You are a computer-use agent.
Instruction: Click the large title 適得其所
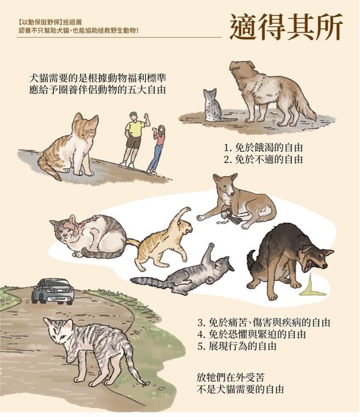point(286,27)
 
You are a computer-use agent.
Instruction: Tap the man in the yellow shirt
point(134,139)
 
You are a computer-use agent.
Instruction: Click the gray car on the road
point(53,291)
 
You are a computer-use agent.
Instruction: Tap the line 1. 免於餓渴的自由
point(263,148)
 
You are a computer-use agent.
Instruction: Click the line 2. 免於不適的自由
point(263,160)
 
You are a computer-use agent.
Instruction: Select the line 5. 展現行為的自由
point(237,346)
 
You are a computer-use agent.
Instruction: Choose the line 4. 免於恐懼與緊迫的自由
point(251,334)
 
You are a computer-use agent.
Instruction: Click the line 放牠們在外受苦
point(230,377)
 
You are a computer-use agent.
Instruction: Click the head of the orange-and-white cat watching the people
point(85,126)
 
